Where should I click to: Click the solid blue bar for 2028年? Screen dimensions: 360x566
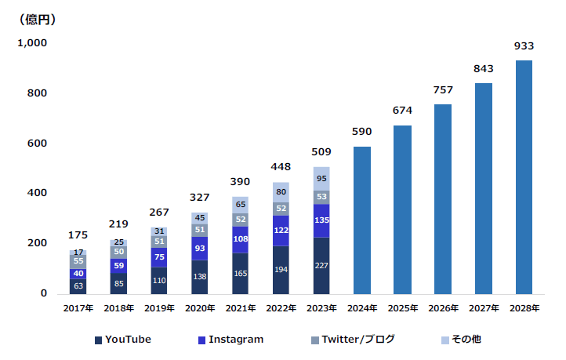tap(524, 176)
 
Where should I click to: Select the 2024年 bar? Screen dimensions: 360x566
tap(361, 220)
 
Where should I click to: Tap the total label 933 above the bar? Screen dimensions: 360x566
tap(524, 46)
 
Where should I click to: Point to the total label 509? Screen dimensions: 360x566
tap(321, 151)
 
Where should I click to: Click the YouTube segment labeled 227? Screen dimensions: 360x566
tap(321, 265)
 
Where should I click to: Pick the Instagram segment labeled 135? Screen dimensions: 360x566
tap(321, 220)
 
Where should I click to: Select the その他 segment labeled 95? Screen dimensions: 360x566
tap(321, 178)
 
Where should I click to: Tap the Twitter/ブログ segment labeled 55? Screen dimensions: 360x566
tap(78, 260)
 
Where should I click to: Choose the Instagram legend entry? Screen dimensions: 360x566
tap(230, 340)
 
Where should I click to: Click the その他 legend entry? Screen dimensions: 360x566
tap(462, 340)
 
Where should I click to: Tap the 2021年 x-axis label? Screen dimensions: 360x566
tap(240, 309)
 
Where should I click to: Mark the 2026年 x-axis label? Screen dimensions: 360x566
tap(443, 309)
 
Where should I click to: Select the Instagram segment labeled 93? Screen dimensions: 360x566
tap(200, 248)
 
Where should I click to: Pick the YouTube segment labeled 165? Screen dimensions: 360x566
tap(240, 273)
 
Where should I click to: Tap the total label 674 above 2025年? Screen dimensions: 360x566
tap(402, 111)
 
